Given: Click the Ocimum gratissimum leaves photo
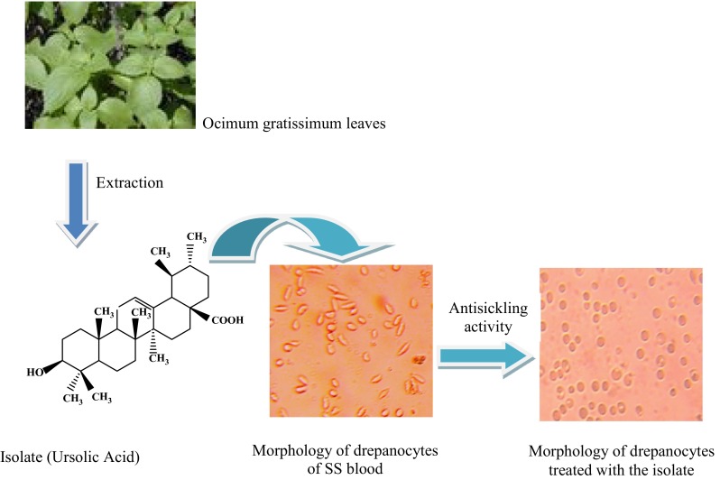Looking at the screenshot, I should coord(102,65).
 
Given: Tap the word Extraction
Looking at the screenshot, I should coord(128,182).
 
